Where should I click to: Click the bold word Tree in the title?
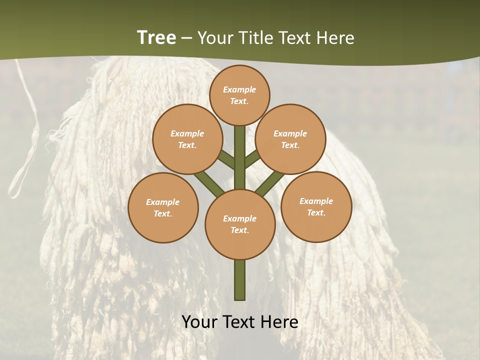[x=156, y=37]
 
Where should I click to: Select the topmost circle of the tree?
[x=239, y=95]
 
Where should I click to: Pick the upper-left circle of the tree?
[x=187, y=139]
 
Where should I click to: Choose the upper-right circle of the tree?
[x=290, y=139]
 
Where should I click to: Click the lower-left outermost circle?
[x=163, y=207]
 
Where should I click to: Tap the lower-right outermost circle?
[x=316, y=207]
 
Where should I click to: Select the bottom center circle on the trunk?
[x=240, y=224]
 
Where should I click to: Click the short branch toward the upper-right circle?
[x=252, y=159]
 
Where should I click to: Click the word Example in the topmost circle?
[x=239, y=89]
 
